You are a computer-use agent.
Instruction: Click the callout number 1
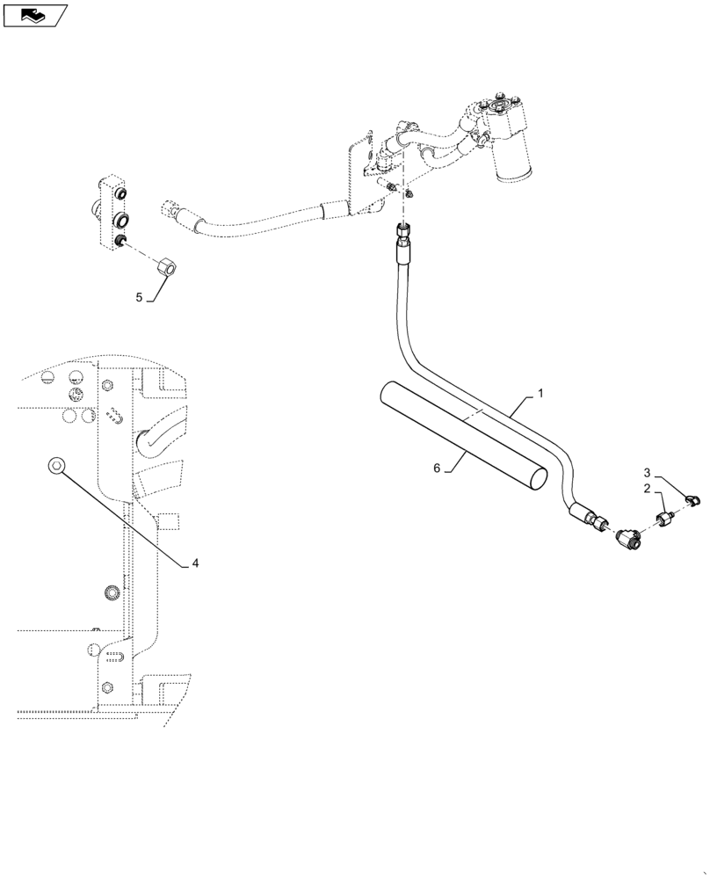click(540, 395)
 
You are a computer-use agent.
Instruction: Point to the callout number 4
click(195, 563)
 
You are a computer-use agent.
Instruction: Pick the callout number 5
click(139, 298)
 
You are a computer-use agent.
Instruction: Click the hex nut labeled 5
click(165, 264)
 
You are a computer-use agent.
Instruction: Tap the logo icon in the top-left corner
click(35, 14)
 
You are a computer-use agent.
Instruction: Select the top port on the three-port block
click(120, 193)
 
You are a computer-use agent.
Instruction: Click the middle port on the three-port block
click(121, 218)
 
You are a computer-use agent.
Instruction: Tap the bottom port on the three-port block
click(121, 242)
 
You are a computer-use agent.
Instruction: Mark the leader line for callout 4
click(123, 513)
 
